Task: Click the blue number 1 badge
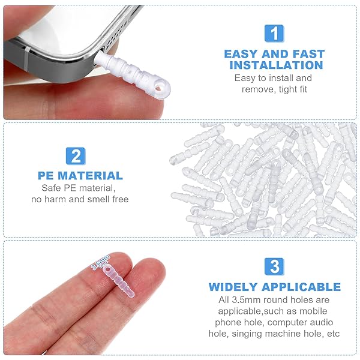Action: (x=274, y=33)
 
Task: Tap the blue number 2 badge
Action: (x=76, y=156)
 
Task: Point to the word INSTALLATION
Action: (x=276, y=65)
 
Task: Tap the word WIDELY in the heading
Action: (x=235, y=287)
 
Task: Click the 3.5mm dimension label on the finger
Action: (x=101, y=263)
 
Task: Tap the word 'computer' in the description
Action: (x=285, y=322)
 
